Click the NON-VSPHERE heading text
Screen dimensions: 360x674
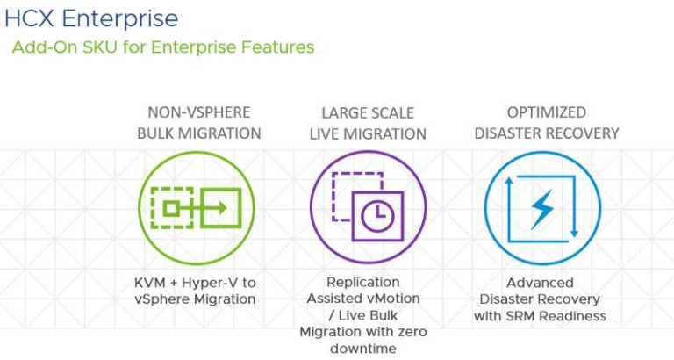[x=199, y=112]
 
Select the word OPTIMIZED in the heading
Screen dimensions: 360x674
[x=547, y=112]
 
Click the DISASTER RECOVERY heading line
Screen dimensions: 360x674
[x=547, y=133]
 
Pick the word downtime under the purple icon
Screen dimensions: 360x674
[x=362, y=349]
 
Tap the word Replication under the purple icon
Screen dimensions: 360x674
[x=362, y=283]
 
